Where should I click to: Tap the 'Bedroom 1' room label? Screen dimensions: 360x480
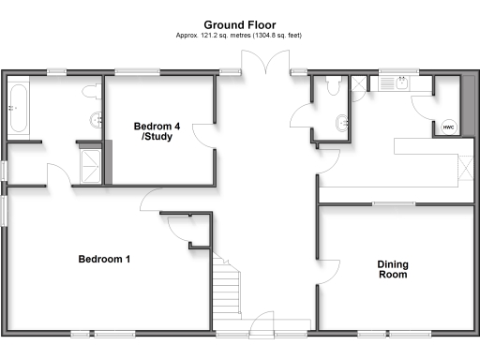(x=103, y=260)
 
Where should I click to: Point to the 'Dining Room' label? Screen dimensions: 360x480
(x=393, y=270)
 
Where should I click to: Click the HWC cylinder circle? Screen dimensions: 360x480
(x=448, y=125)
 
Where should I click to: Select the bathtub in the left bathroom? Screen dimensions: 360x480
(x=19, y=108)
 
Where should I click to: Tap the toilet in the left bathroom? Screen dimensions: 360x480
(x=91, y=90)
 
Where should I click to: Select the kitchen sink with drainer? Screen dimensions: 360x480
(x=397, y=84)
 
